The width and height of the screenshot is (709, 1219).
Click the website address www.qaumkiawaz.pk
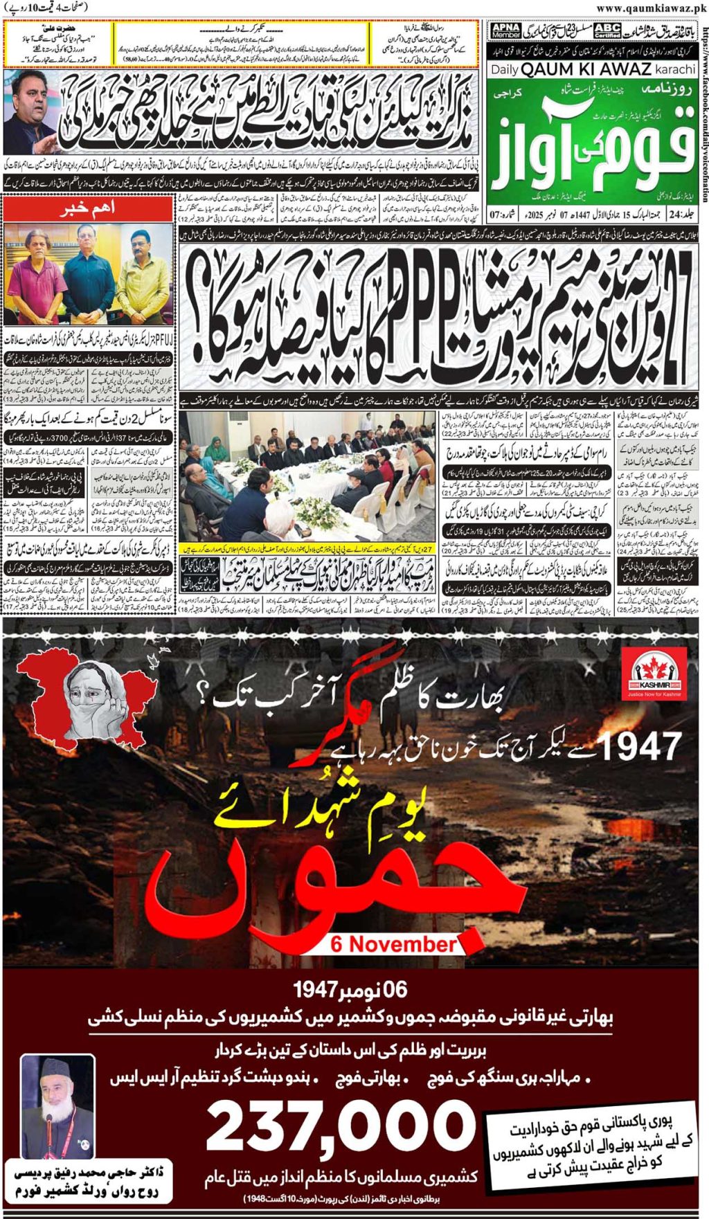pyautogui.click(x=650, y=8)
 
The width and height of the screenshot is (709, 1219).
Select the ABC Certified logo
pyautogui.click(x=607, y=31)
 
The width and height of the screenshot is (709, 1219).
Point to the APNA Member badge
pyautogui.click(x=505, y=31)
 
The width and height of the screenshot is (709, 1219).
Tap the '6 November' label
pyautogui.click(x=393, y=943)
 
